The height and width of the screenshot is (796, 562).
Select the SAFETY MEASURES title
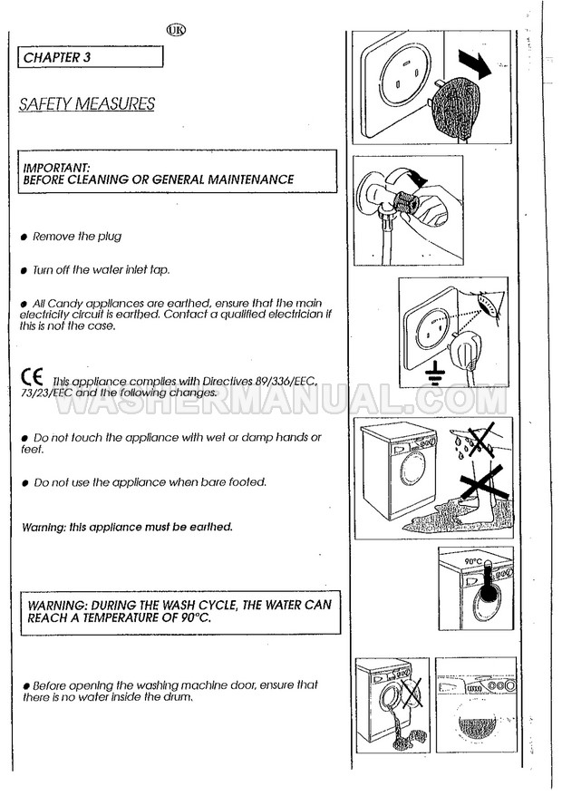pos(86,104)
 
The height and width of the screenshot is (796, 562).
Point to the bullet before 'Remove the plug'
pos(24,238)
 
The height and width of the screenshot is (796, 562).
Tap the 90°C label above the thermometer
pos(472,562)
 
